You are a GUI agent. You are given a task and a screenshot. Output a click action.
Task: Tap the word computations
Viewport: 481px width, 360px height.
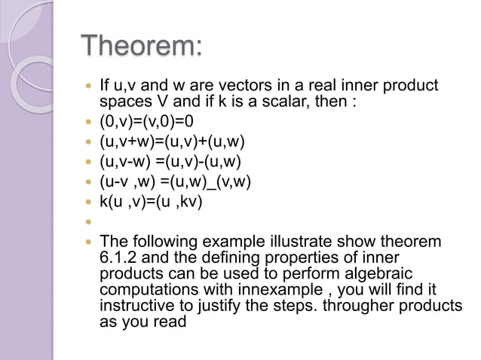(x=146, y=290)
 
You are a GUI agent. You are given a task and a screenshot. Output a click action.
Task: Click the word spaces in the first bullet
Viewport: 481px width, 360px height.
(x=124, y=102)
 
